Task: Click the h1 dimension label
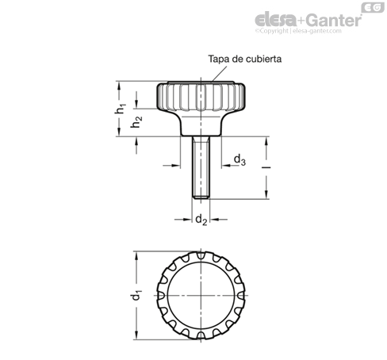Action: pos(121,109)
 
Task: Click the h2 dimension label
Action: pos(136,122)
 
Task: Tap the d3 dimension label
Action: pos(239,160)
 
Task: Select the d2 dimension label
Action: pos(201,220)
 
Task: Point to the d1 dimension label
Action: pos(136,295)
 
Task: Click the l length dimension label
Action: pos(267,167)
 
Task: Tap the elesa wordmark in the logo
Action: pos(276,19)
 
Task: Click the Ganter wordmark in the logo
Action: pos(334,20)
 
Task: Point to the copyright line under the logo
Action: pos(298,31)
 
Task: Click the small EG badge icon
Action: pos(373,7)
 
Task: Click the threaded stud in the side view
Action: pos(201,167)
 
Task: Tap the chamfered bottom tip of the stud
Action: pos(201,197)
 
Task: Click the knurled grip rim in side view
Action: pos(201,97)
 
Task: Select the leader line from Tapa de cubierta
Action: pos(219,74)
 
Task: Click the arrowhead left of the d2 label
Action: pos(187,220)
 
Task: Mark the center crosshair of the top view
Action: pos(201,295)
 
